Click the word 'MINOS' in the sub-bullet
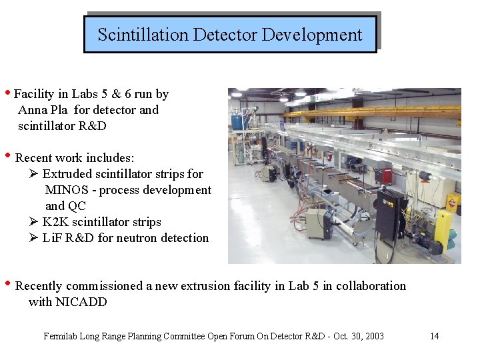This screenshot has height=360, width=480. [66, 190]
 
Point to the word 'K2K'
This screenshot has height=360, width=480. [55, 222]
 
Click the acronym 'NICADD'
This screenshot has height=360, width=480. [67, 302]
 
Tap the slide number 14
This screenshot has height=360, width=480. [434, 336]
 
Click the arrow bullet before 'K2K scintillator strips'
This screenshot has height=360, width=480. [34, 222]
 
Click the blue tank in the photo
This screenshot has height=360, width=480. [236, 121]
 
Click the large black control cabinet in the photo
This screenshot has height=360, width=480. [391, 214]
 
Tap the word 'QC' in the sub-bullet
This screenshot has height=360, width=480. [75, 206]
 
